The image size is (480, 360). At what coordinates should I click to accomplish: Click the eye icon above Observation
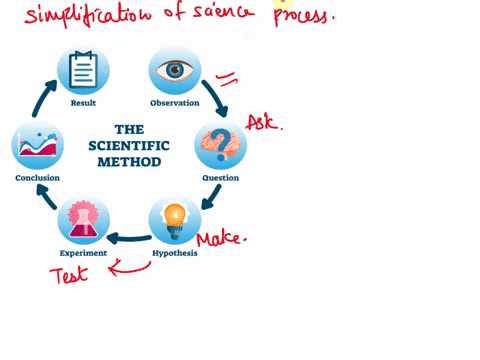click(175, 71)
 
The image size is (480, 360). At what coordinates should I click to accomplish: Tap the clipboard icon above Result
click(83, 71)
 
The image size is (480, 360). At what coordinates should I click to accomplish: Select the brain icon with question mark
click(220, 146)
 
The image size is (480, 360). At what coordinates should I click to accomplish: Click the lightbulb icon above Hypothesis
click(175, 220)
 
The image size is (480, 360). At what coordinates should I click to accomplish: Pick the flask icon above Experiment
click(83, 220)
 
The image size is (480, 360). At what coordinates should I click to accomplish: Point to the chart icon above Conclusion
click(37, 146)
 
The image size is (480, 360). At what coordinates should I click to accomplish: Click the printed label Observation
click(175, 103)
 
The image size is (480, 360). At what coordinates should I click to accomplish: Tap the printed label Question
click(220, 178)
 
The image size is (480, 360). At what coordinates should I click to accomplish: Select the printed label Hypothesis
click(175, 253)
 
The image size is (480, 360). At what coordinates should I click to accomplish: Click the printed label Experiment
click(83, 253)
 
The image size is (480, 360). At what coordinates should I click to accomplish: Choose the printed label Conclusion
click(37, 178)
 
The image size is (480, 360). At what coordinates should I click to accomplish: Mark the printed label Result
click(83, 103)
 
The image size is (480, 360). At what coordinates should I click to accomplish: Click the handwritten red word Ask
click(263, 123)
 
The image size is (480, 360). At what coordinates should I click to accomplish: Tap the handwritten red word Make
click(221, 240)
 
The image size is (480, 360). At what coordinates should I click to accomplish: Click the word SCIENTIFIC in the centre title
click(129, 145)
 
